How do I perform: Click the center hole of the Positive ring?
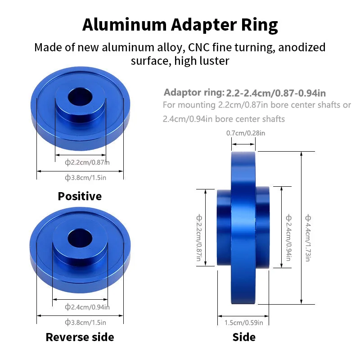[80, 96]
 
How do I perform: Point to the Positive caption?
[80, 196]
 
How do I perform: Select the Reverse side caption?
[80, 337]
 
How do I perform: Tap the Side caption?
[244, 337]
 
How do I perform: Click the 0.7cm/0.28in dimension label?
[245, 133]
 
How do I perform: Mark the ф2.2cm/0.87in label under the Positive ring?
[87, 162]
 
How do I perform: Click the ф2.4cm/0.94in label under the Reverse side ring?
[87, 307]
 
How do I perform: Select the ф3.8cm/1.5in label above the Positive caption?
[85, 178]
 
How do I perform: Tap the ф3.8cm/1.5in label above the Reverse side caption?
[85, 322]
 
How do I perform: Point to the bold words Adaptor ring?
[193, 93]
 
